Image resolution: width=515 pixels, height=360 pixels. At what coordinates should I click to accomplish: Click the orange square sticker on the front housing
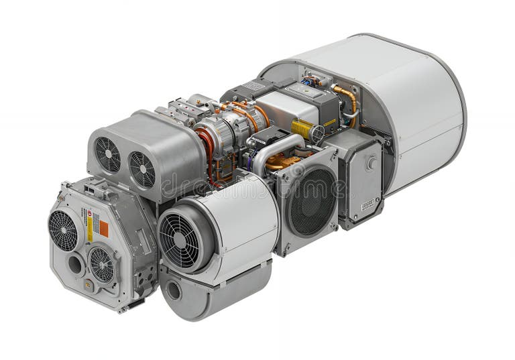pyautogui.click(x=104, y=229)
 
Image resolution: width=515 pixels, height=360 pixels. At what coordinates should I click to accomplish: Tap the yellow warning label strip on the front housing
pyautogui.click(x=91, y=228)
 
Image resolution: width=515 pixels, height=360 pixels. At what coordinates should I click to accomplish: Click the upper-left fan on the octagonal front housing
pyautogui.click(x=63, y=230)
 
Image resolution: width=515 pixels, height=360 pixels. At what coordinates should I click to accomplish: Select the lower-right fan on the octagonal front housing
pyautogui.click(x=102, y=264)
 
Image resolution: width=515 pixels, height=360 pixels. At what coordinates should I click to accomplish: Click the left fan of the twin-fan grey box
pyautogui.click(x=107, y=155)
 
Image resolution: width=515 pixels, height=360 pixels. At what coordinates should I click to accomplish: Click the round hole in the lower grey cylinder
pyautogui.click(x=174, y=291)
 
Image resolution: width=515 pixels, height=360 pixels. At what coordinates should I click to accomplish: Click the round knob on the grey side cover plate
pyautogui.click(x=371, y=163)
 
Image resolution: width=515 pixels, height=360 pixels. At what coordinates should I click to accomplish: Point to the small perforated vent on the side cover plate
pyautogui.click(x=367, y=204)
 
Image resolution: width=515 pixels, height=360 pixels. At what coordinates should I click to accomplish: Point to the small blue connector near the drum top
pyautogui.click(x=308, y=82)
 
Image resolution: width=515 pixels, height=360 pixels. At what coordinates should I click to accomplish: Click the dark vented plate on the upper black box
pyautogui.click(x=253, y=86)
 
